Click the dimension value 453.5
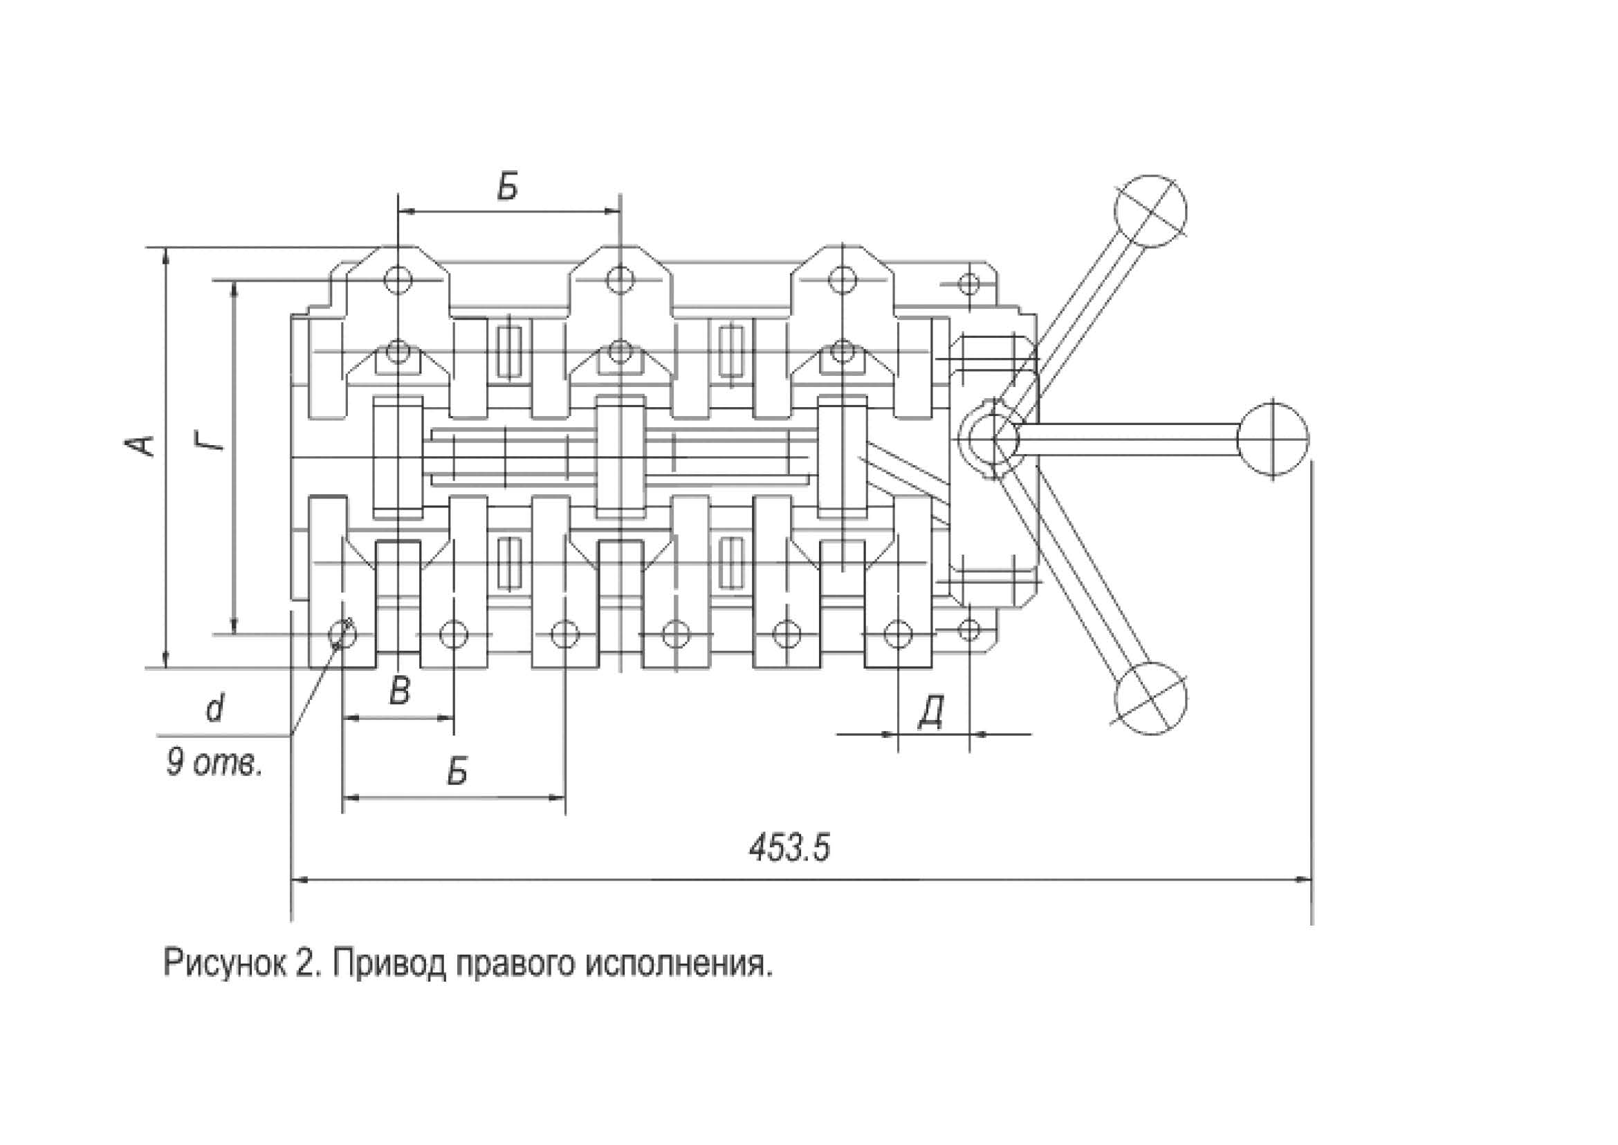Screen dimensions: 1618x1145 [789, 848]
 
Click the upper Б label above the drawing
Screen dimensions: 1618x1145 [506, 187]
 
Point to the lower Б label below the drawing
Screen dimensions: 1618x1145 [457, 772]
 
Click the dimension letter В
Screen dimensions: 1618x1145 [400, 691]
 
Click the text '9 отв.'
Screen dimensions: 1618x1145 [214, 762]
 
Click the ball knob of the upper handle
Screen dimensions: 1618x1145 [1150, 211]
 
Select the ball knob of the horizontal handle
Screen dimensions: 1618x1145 [1273, 438]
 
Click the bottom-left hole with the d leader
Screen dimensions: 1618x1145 [342, 634]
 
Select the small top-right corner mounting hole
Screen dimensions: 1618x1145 [971, 284]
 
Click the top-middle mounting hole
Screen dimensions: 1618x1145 [618, 279]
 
